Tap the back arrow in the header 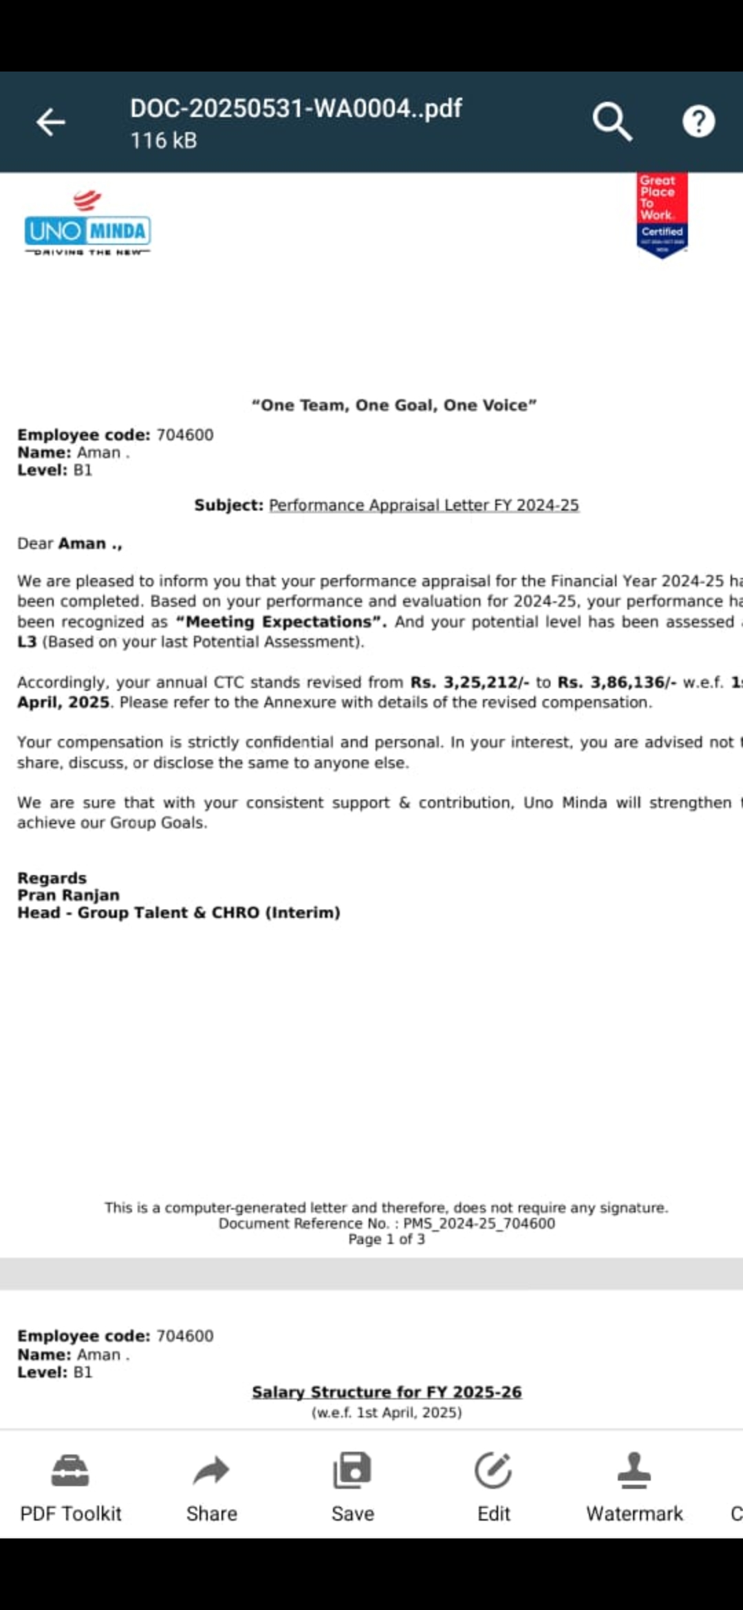pos(50,122)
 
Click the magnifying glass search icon pos(612,122)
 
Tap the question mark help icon pos(698,122)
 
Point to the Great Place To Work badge pos(662,215)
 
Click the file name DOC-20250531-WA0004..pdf pos(296,109)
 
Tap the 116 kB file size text pos(164,141)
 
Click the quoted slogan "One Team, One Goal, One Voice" pos(394,405)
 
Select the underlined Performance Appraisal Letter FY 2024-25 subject pos(424,505)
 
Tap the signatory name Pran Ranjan pos(68,895)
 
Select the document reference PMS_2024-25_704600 pos(479,1223)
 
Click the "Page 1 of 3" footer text pos(387,1239)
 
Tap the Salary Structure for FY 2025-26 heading pos(387,1392)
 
